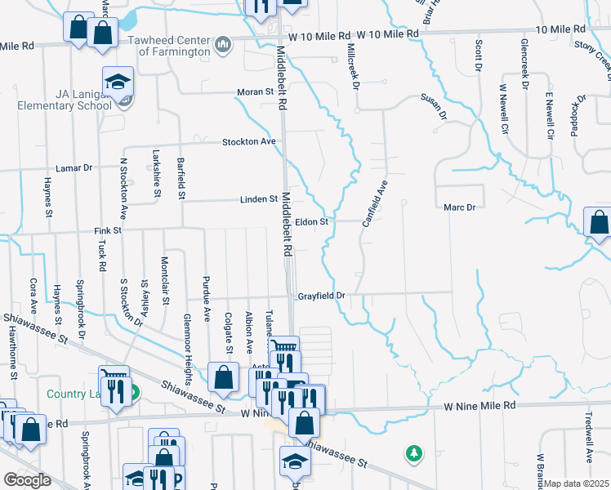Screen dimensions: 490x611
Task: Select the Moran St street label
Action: coord(255,92)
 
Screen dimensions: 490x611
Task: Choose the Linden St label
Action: coord(258,199)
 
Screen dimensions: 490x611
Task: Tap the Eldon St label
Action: coord(311,221)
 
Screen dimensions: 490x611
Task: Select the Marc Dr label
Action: coord(459,207)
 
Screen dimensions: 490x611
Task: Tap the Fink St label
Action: coord(106,231)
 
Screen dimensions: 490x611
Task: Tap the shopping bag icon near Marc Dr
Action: coord(598,221)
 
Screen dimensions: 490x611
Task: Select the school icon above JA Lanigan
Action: coord(118,81)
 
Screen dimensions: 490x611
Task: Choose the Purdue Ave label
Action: coord(206,301)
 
